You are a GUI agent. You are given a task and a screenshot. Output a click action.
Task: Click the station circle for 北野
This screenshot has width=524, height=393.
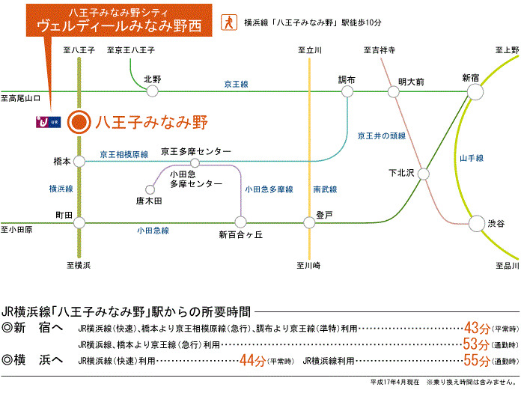point(153,91)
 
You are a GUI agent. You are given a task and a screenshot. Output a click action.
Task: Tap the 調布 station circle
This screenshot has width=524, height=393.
point(347,91)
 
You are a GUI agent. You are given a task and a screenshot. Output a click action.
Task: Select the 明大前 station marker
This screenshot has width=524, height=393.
point(393,91)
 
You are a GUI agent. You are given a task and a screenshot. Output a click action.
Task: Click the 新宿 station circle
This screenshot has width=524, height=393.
point(475,91)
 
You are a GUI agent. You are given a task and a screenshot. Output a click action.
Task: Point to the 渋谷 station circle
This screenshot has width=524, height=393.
point(477,223)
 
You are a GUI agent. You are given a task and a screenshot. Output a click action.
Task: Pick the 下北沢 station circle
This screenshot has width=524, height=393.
point(424,174)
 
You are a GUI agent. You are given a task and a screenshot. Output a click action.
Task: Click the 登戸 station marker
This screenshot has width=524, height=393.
point(309,222)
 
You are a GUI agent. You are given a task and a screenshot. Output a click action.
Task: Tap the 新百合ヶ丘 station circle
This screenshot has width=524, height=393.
point(240,222)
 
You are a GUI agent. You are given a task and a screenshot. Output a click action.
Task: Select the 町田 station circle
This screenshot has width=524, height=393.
point(79,222)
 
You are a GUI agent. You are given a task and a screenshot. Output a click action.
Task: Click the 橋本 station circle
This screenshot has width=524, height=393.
point(79,162)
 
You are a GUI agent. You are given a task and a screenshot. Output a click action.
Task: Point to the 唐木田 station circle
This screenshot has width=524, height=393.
point(150,190)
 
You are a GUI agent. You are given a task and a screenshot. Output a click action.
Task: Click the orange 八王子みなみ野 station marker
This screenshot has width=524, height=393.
point(79,122)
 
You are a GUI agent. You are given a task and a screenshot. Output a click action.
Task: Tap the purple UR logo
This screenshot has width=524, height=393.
point(49,122)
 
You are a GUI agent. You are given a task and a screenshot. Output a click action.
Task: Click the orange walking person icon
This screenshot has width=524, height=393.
point(229,22)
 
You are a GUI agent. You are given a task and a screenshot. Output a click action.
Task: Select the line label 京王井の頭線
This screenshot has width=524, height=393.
point(382,135)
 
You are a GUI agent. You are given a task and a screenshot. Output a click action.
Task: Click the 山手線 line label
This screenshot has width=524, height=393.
point(472,158)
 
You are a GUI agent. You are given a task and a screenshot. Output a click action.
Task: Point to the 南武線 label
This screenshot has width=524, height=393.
point(325,189)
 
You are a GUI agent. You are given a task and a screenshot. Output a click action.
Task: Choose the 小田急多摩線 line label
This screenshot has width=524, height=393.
point(269,189)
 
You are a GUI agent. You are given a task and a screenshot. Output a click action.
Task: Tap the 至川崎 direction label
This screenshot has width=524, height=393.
point(308,266)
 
